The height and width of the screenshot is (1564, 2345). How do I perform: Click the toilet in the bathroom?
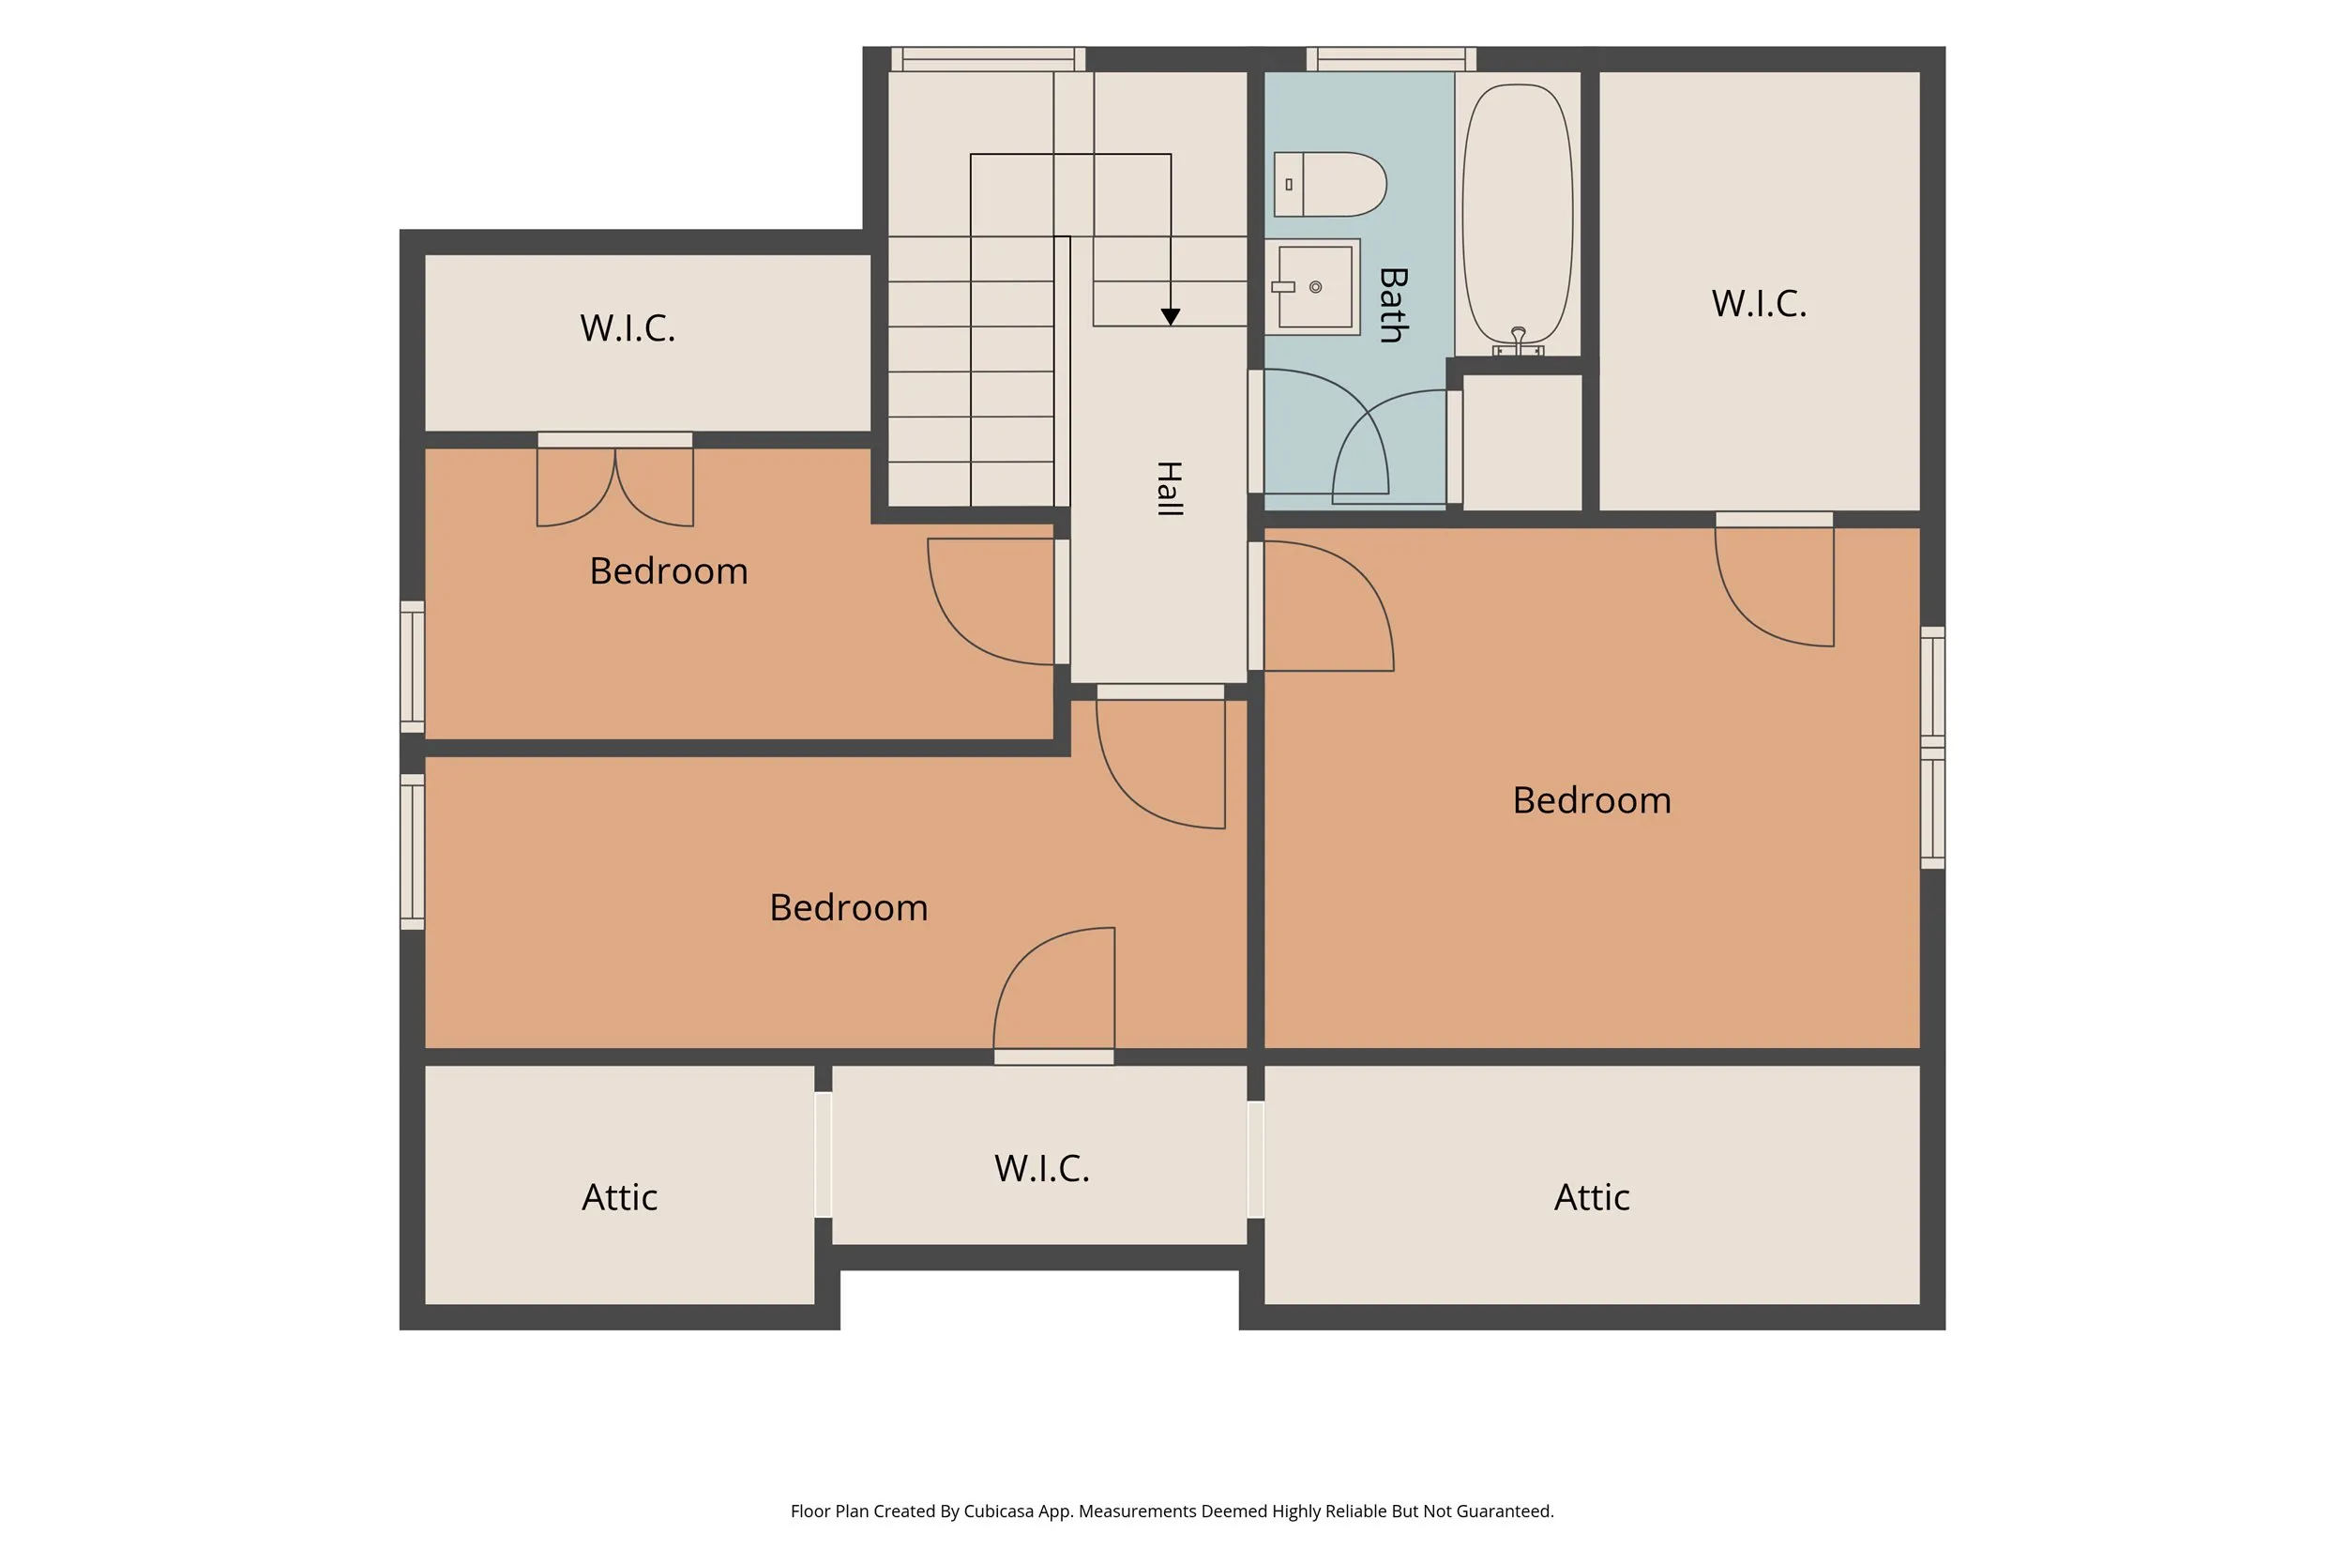click(1330, 185)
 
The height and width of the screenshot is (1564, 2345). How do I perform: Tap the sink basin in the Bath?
click(1315, 287)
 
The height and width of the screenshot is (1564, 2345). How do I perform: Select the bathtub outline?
click(1518, 215)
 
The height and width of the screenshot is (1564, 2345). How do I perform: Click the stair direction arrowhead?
click(1171, 317)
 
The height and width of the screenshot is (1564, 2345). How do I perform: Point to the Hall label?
click(1170, 489)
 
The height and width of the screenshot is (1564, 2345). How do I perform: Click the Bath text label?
click(1393, 305)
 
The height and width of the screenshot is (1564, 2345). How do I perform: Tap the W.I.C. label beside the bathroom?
click(1759, 304)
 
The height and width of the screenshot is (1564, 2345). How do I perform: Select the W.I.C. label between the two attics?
click(1042, 1169)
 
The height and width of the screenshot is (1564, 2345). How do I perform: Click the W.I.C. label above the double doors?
click(628, 328)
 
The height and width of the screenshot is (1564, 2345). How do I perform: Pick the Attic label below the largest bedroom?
click(1591, 1197)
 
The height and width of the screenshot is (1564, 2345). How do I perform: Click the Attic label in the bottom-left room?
click(619, 1197)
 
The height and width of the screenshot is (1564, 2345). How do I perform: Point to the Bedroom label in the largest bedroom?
click(1591, 800)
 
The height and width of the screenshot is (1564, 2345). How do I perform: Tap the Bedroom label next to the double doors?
click(668, 571)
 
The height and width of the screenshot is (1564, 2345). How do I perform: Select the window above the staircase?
click(988, 59)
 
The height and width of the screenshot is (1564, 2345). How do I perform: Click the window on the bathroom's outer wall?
click(1391, 59)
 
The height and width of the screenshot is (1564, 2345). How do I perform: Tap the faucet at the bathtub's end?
click(1518, 342)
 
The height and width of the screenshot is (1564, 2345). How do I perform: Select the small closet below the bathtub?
click(1521, 442)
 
